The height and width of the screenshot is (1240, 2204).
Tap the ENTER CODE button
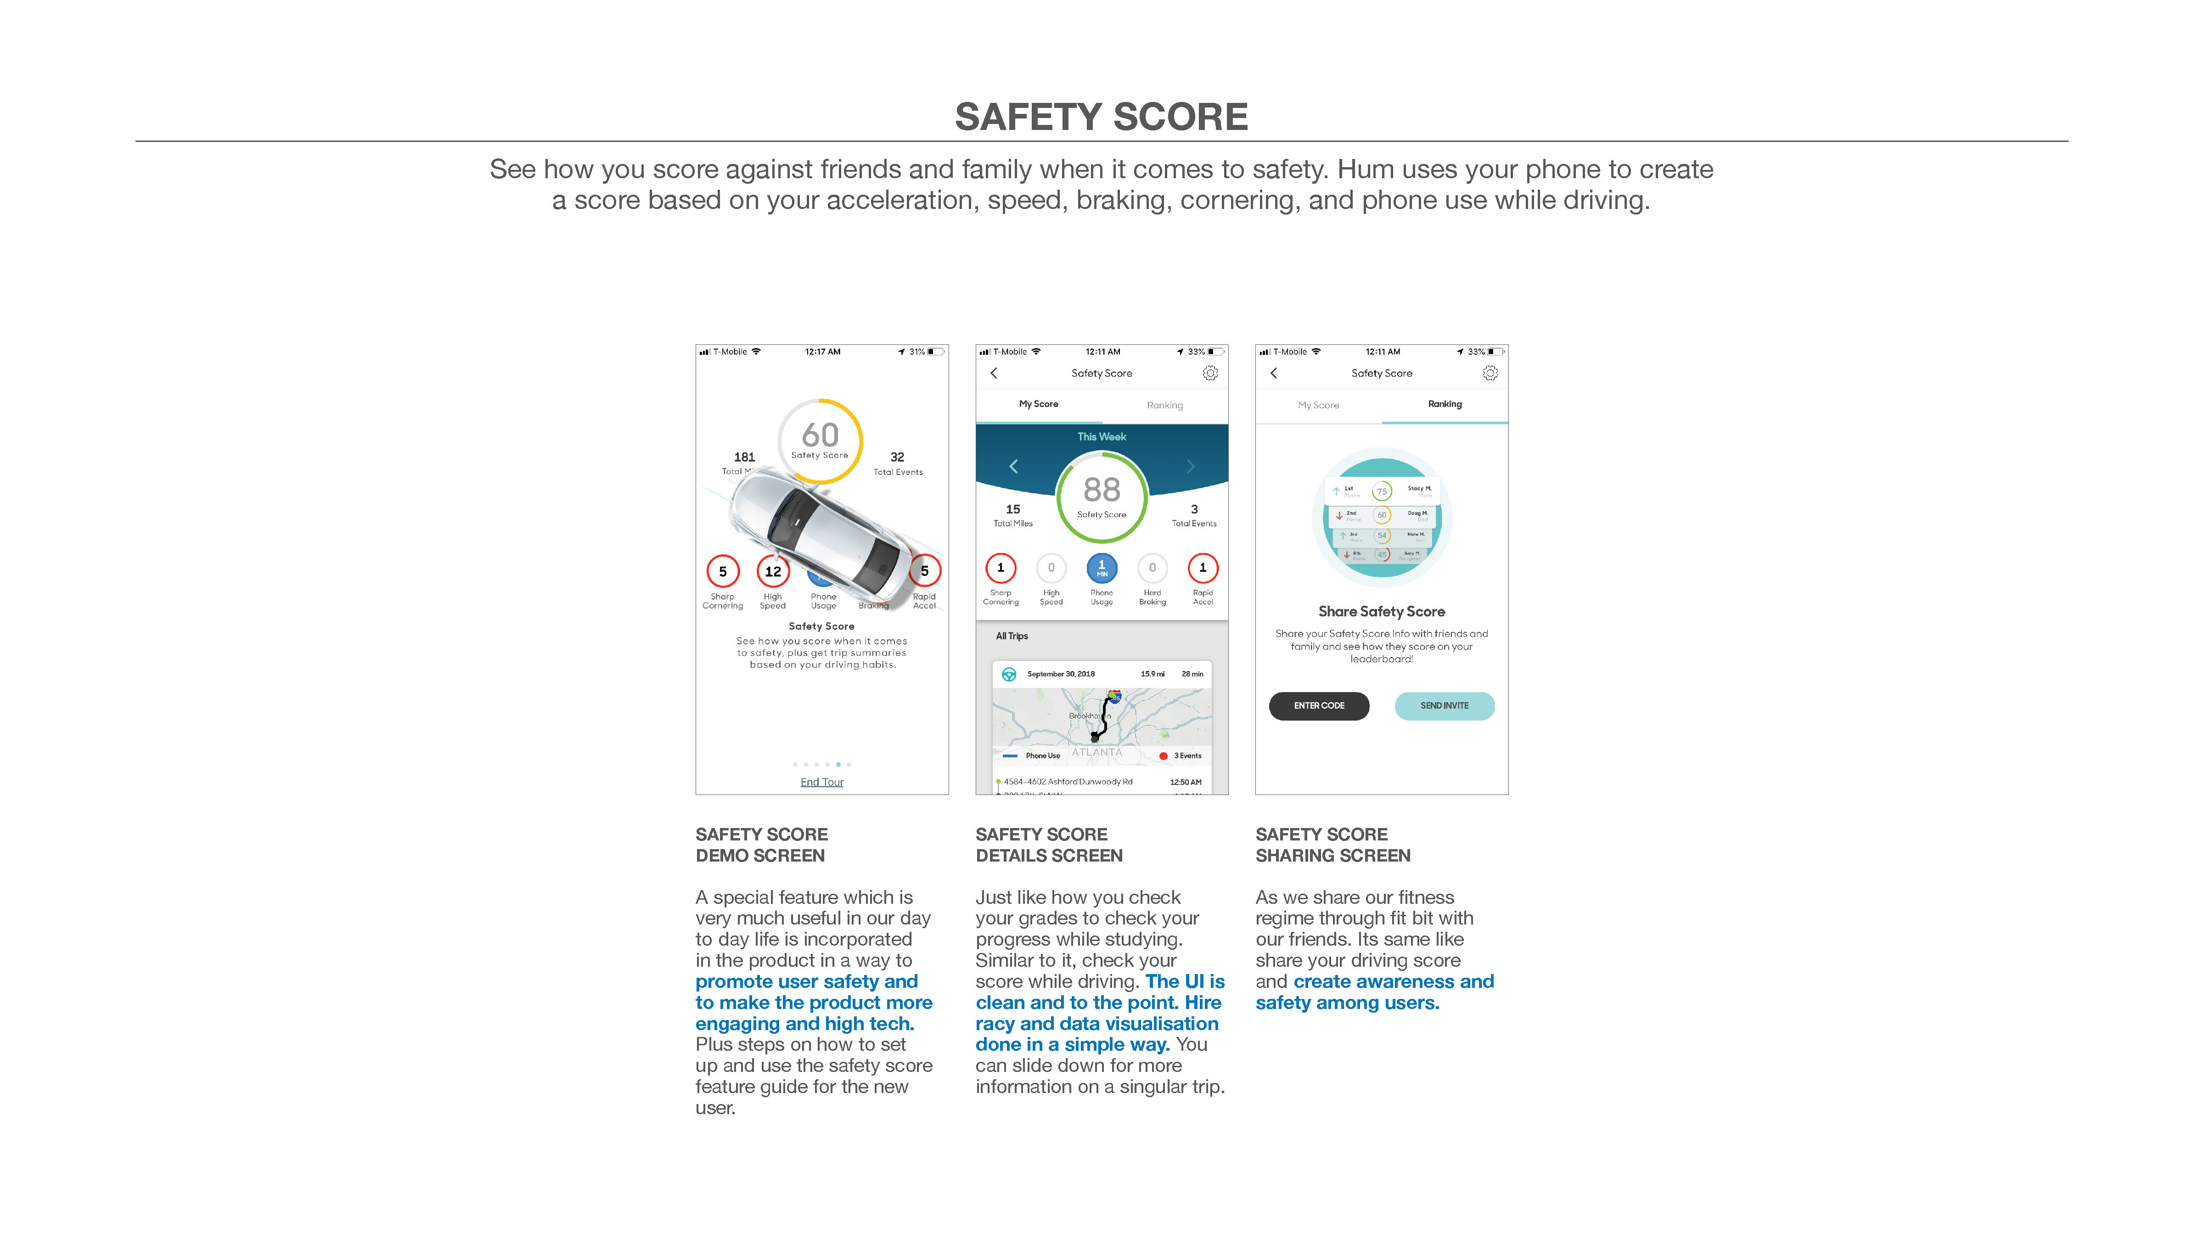tap(1318, 706)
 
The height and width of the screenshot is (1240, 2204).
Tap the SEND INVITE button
tap(1444, 706)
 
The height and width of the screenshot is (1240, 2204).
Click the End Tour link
tap(821, 782)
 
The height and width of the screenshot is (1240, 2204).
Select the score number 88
tap(1101, 490)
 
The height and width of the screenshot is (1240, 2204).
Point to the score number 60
tap(820, 435)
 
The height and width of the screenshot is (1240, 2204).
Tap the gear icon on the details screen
tap(1210, 373)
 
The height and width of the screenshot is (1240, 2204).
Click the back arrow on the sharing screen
tap(1274, 373)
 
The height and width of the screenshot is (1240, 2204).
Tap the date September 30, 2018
tap(1061, 674)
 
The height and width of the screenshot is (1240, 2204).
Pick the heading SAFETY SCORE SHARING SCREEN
tap(1332, 845)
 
